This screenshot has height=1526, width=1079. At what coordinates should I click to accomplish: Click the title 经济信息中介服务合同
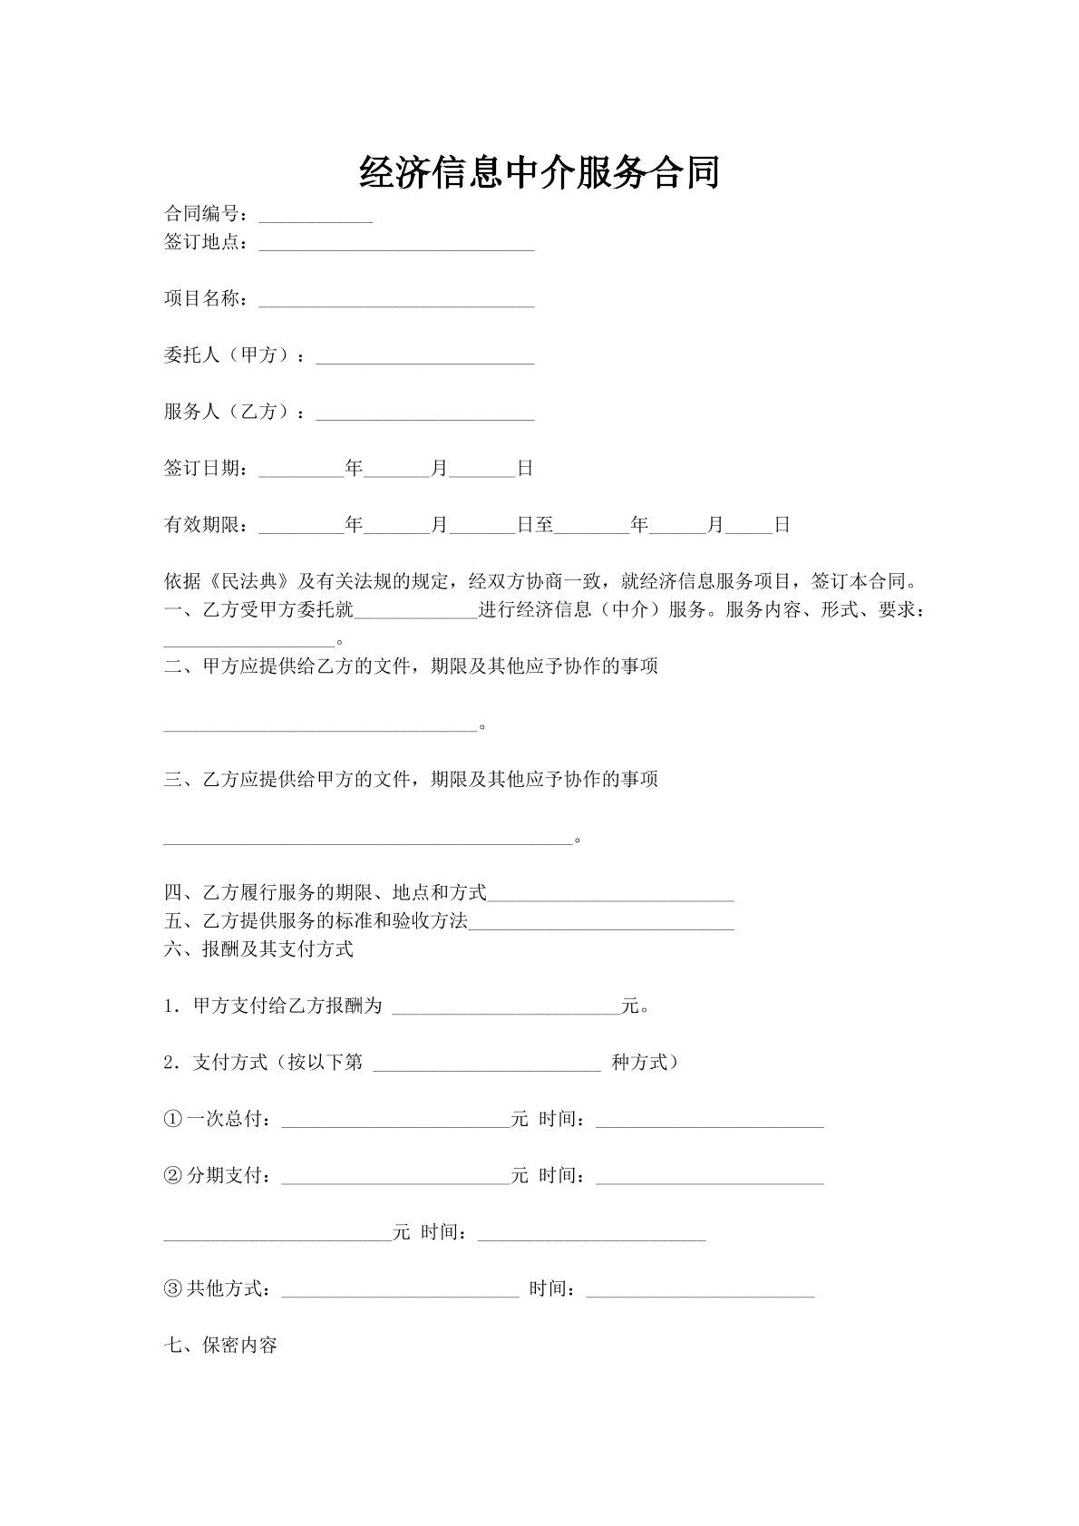coord(539,172)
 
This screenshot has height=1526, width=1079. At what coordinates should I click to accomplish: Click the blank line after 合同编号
coord(316,217)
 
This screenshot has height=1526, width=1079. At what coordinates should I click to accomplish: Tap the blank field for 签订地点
coord(396,245)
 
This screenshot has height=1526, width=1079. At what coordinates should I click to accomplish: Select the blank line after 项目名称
coord(396,301)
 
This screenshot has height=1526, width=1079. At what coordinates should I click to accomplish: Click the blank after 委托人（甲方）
coord(424,357)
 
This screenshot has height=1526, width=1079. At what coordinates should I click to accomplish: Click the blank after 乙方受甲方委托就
coord(416,611)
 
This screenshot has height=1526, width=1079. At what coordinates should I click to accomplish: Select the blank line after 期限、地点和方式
coord(610,895)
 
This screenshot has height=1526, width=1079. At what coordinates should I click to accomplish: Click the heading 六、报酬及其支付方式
coord(258,949)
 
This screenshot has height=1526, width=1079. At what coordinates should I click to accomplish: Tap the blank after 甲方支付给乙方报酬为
coord(506,1007)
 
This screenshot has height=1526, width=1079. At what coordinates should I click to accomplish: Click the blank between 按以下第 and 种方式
coord(487,1064)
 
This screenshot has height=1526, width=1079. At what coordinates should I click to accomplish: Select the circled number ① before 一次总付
coord(173,1120)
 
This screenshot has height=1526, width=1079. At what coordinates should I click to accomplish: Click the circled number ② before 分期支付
coord(173,1176)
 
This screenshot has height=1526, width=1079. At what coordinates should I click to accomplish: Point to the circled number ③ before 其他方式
coord(173,1288)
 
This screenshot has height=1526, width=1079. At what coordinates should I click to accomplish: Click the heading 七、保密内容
coord(220,1346)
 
